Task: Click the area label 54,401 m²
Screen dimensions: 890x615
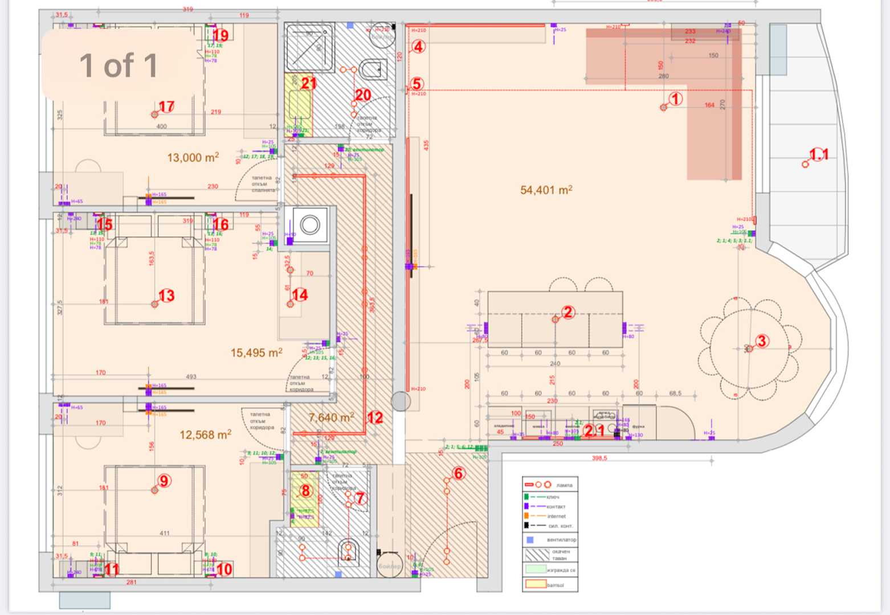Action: [x=546, y=190]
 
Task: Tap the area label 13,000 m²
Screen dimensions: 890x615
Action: [x=193, y=158]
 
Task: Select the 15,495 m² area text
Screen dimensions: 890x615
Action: [x=256, y=353]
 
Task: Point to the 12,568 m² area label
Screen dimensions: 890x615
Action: [x=205, y=435]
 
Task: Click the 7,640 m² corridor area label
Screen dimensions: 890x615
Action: [x=331, y=418]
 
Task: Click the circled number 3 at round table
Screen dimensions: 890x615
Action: [x=762, y=341]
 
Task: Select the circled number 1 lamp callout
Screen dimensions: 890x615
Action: [x=675, y=99]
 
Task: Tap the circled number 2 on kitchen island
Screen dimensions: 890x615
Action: [x=568, y=312]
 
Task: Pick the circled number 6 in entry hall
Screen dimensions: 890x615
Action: [x=458, y=473]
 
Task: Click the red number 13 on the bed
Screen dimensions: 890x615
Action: [x=166, y=296]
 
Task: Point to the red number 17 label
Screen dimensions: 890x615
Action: [x=166, y=107]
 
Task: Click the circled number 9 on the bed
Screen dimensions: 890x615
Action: [x=164, y=481]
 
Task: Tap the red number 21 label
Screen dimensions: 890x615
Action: [x=308, y=84]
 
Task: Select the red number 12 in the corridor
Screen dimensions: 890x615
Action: [x=375, y=418]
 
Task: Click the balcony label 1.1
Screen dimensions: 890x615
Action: [x=819, y=155]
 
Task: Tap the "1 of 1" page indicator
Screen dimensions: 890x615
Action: [x=119, y=65]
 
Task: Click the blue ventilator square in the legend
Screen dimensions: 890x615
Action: [x=530, y=539]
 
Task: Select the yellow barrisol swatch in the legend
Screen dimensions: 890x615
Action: [x=535, y=584]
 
